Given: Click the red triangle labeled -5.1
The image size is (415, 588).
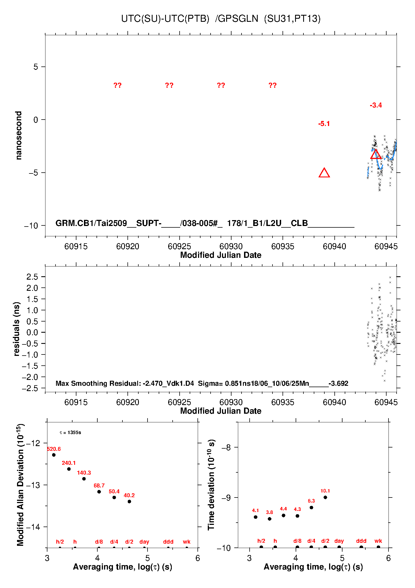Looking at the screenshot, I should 324,173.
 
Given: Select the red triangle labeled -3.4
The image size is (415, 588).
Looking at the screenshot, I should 376,154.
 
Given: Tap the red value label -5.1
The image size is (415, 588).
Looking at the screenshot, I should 324,124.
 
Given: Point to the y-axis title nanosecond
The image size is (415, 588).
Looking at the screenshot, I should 18,135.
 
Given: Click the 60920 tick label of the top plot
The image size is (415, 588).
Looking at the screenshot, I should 128,246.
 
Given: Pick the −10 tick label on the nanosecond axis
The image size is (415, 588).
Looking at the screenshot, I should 31,226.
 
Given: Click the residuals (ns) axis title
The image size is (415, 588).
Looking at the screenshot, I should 17,329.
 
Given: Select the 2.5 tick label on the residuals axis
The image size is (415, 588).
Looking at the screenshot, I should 32,277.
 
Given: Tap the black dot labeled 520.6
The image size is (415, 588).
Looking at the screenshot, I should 54,455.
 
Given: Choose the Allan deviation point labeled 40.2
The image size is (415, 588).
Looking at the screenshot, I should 129,501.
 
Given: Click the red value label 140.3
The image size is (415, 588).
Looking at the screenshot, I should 84,473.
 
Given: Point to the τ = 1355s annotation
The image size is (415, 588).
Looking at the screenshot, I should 70,432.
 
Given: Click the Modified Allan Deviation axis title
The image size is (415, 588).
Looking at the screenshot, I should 20,485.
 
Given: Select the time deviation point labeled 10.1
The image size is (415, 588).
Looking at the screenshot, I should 325,497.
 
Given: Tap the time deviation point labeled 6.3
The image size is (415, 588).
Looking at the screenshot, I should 311,508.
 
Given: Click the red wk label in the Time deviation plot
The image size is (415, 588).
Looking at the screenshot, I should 378,541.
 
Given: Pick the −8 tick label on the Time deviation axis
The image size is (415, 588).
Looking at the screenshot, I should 226,447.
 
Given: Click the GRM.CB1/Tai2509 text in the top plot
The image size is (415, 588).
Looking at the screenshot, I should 91,223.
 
